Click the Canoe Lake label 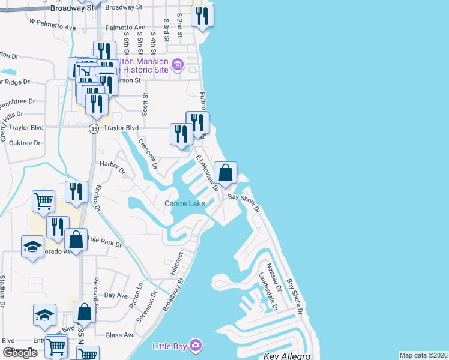pos(185,203)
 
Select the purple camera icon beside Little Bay pos(195,345)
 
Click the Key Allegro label pos(286,356)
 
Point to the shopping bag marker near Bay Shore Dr pos(225,174)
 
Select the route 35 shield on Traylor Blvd pos(94,128)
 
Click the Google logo pos(20,353)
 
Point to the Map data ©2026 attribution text pos(423,355)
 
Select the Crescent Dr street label pos(148,153)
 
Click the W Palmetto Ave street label pos(53,24)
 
